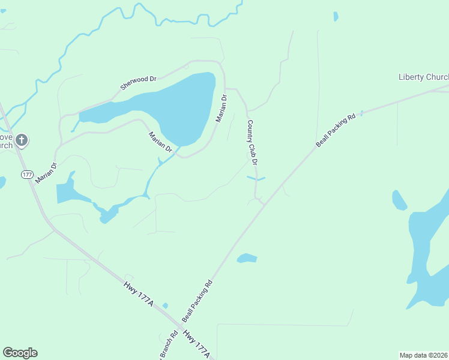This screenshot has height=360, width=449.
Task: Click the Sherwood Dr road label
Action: [138, 82]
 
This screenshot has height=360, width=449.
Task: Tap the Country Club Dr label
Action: [253, 142]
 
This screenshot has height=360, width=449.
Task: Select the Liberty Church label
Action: [423, 77]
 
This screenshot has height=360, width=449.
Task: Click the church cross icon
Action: [21, 140]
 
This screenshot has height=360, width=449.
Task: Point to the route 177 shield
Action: [27, 175]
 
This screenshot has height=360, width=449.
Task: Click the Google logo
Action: [20, 353]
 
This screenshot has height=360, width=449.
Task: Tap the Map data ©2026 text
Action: [423, 355]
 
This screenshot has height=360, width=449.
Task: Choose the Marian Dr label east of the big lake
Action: [221, 109]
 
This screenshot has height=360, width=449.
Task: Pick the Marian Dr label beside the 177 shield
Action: [46, 173]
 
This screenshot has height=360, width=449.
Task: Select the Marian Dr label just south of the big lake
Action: [160, 142]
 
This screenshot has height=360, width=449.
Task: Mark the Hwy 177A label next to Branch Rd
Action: [196, 345]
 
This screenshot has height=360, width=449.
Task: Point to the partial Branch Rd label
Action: [169, 347]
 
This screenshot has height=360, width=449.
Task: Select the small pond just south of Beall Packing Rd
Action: [247, 258]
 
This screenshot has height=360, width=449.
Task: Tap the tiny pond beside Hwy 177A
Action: [165, 306]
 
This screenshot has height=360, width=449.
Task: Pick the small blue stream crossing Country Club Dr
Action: [256, 178]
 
